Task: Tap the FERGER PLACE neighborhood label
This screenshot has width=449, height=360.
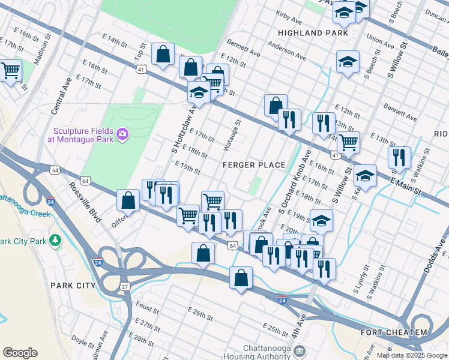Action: pos(254,165)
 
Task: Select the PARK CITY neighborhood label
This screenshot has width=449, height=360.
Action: pos(73,286)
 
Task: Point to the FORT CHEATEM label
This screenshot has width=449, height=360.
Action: pos(394,332)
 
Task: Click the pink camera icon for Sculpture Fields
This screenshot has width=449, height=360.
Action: pos(123,133)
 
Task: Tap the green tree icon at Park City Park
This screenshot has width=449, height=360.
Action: pos(56,241)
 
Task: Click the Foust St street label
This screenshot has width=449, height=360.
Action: pos(146,308)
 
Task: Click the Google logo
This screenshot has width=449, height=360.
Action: pos(20,353)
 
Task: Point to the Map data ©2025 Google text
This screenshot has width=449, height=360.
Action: pos(411,355)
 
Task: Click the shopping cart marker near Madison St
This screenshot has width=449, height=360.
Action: pos(10,71)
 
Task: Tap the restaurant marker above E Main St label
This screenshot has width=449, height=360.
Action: pos(399,157)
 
